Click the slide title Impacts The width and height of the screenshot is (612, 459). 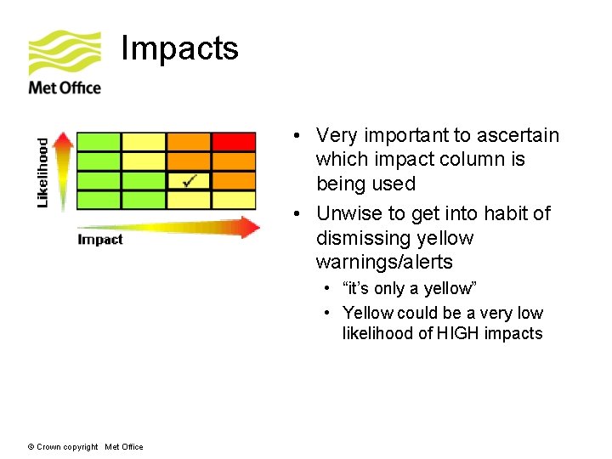point(179,48)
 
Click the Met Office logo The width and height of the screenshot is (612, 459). point(65,63)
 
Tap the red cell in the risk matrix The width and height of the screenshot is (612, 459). point(234,141)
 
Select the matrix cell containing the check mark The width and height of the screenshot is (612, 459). point(189,180)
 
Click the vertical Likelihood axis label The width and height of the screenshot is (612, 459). point(43,173)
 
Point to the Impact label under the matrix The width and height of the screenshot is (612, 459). point(100,240)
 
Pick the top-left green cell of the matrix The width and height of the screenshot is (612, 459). point(99,141)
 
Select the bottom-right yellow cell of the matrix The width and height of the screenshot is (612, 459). point(234,200)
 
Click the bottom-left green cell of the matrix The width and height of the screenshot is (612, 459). point(99,200)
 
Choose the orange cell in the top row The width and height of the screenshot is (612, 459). point(189,141)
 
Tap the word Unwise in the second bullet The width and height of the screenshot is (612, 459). point(349,213)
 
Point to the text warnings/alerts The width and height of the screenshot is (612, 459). point(384,262)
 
